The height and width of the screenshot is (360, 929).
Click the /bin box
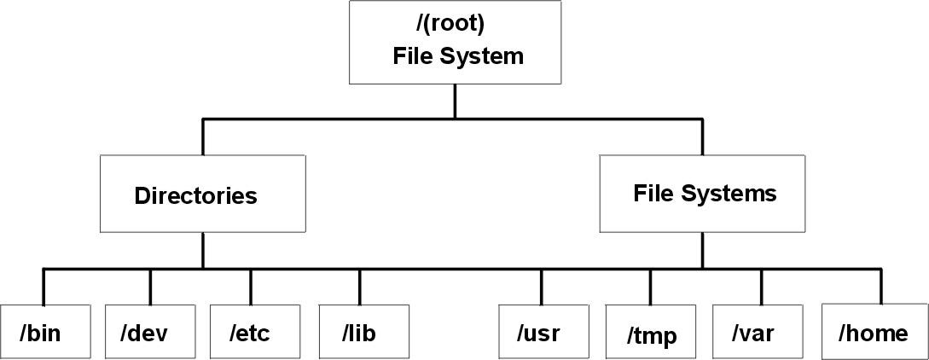pos(44,330)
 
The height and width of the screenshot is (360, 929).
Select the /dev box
pos(149,330)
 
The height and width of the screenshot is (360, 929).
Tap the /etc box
pos(250,330)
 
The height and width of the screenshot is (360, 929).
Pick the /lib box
pos(358,330)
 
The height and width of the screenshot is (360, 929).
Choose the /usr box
pos(541,331)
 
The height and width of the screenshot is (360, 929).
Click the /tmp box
pos(651,332)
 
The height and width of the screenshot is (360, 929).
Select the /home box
pos(874,331)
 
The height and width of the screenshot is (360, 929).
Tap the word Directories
pos(195,196)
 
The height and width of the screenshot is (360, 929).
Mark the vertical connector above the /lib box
pos(359,286)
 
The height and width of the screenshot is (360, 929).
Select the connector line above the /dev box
pos(150,286)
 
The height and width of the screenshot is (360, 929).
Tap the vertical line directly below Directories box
pos(202,251)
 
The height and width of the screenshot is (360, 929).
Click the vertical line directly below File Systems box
pos(702,251)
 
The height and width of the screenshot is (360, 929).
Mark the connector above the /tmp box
pos(650,287)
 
